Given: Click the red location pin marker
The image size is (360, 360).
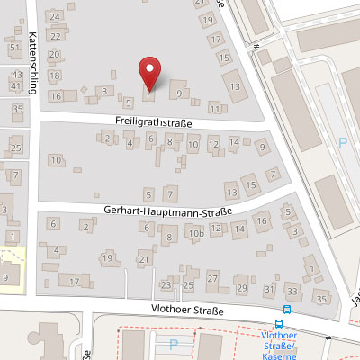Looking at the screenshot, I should coord(150,71).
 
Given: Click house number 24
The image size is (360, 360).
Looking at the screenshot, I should coord(57,17).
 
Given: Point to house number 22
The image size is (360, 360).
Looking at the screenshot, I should coord(56,36).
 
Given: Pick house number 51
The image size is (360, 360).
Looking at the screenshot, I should coord(13,46).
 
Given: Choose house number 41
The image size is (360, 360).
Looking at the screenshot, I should coord(16,85).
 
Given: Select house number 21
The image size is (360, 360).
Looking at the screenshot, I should coord(144,259).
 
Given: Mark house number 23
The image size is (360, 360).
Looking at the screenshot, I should coord(166,285).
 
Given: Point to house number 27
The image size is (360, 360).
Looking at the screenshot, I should coord(213,279).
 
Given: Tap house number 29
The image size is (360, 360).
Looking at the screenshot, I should coord(241,287).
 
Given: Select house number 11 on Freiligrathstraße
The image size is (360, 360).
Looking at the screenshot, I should coord(214,107).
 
